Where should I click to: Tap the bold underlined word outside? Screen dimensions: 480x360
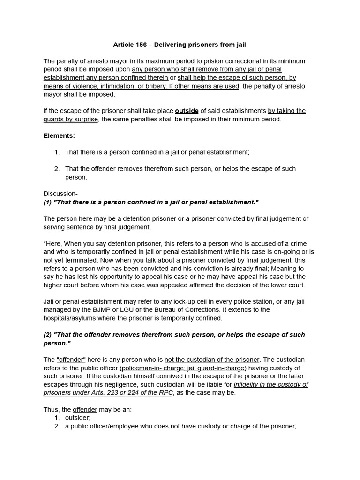pyautogui.click(x=187, y=111)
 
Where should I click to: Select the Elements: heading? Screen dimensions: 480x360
pyautogui.click(x=59, y=135)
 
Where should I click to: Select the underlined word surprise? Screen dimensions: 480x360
pyautogui.click(x=86, y=119)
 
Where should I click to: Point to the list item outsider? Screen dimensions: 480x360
pyautogui.click(x=78, y=418)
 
